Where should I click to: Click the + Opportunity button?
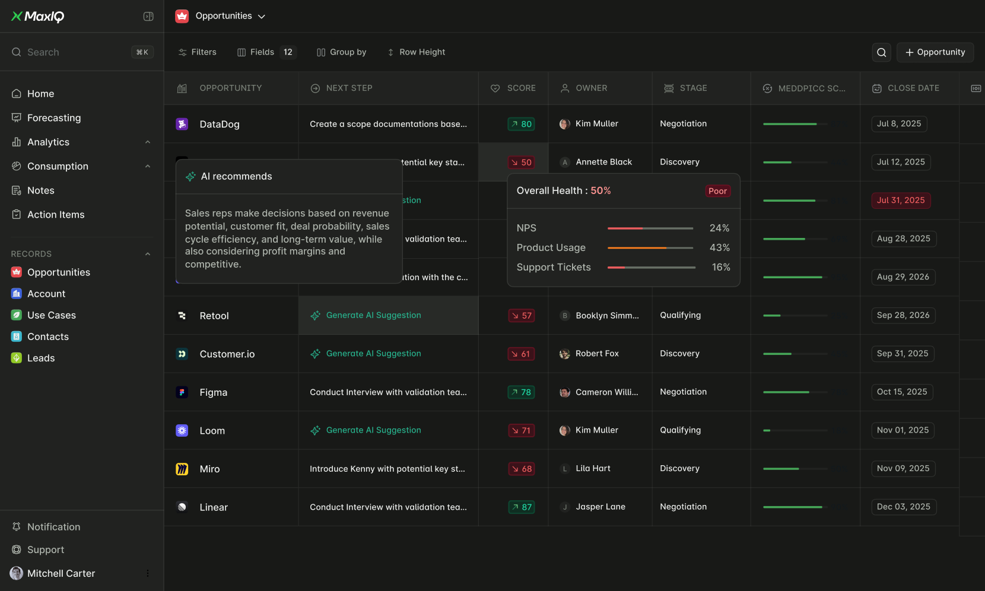935,52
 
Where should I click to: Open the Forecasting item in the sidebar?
53,118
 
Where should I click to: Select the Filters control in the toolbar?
198,52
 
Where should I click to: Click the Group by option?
342,52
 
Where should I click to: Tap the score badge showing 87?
522,507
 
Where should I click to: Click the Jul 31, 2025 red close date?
900,201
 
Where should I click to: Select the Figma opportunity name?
214,393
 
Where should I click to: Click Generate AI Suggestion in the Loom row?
373,430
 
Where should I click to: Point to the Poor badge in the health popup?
717,191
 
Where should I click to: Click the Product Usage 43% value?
719,248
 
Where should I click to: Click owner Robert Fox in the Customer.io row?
596,354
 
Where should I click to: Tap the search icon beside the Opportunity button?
882,52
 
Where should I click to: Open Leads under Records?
41,358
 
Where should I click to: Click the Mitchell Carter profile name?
61,574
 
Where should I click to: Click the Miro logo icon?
182,469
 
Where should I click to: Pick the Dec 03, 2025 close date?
903,507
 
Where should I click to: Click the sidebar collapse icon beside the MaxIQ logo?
148,17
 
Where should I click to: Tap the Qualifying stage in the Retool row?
680,316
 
